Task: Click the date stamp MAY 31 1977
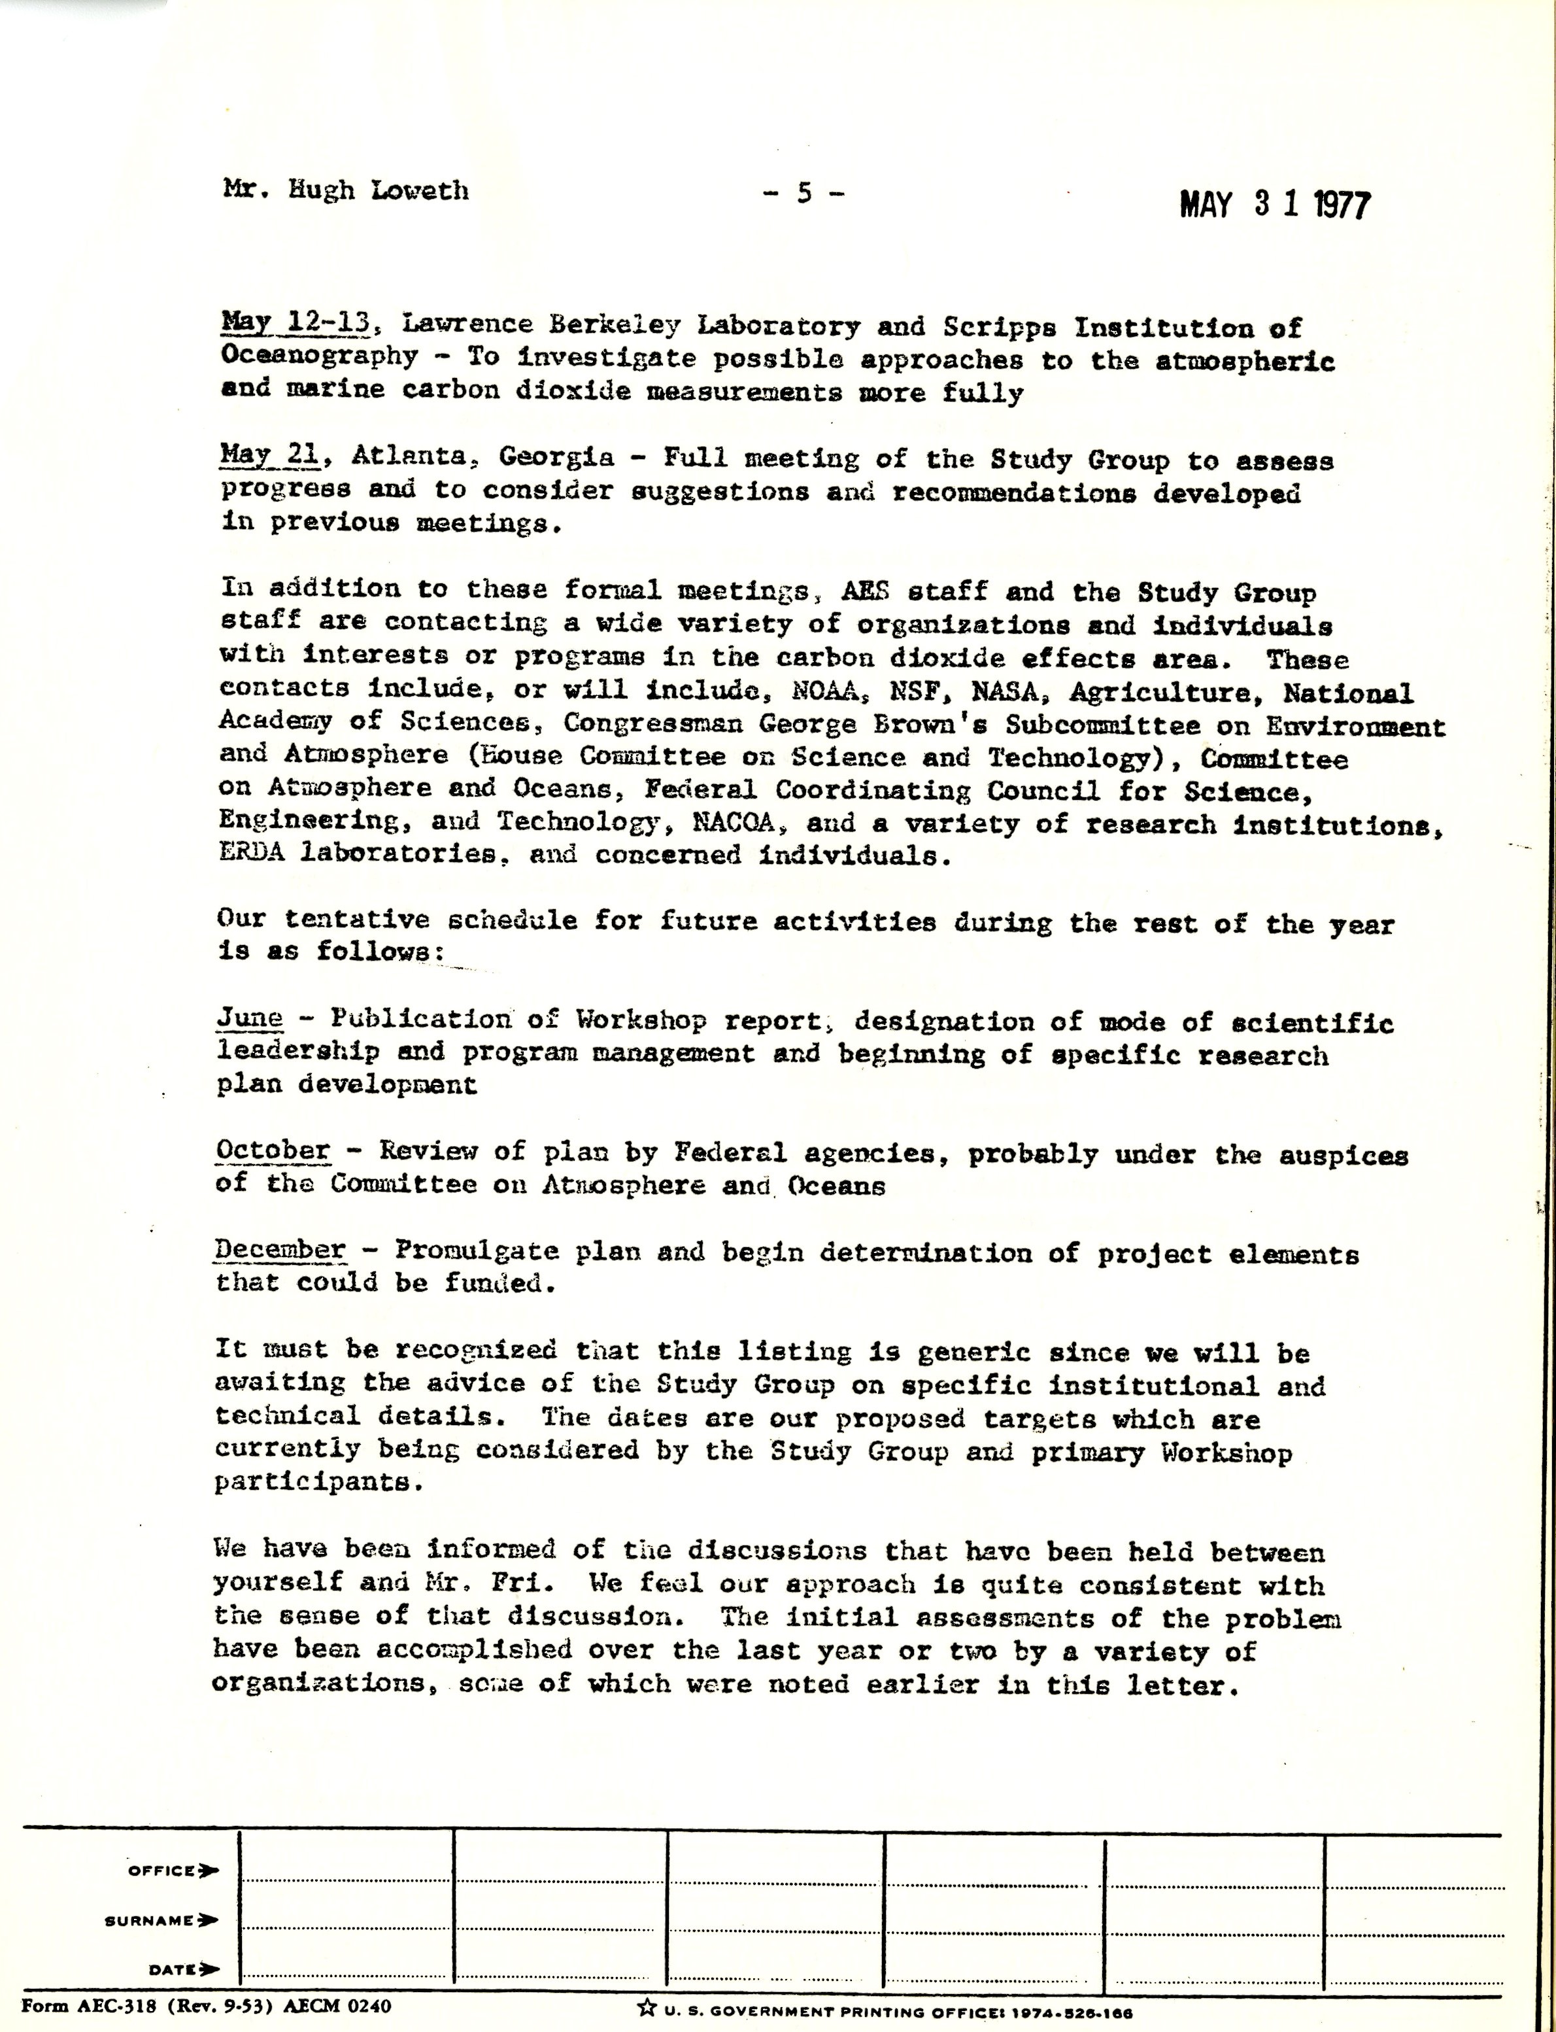tap(1274, 205)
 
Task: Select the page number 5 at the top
tap(804, 193)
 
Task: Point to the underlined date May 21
tap(271, 455)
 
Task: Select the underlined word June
tap(250, 1018)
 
